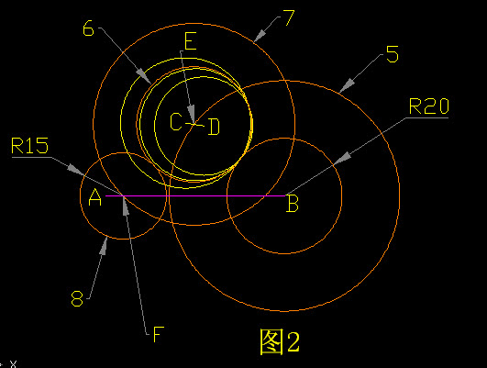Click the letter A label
95,197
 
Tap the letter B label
293,203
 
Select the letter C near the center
176,121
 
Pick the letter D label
214,127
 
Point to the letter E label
191,41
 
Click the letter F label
159,334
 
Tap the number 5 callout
393,54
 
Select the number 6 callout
88,28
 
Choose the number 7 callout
289,17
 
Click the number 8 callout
77,298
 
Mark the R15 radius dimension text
30,146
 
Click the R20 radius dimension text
429,106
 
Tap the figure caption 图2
280,341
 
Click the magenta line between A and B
195,195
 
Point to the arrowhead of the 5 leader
348,85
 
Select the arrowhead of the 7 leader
260,36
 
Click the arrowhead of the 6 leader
143,76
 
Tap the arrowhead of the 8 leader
104,246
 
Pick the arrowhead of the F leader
125,206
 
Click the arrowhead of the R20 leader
342,159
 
